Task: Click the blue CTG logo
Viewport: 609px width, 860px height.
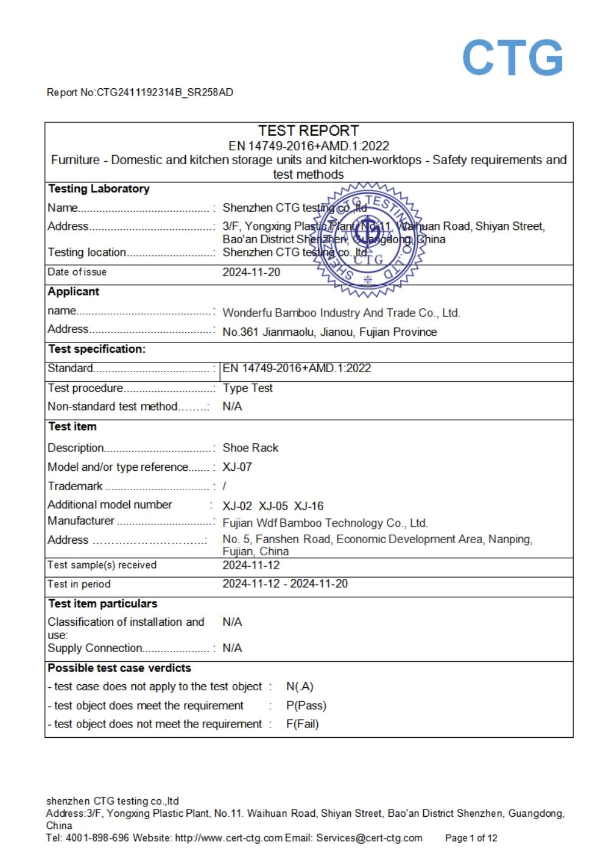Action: pyautogui.click(x=512, y=58)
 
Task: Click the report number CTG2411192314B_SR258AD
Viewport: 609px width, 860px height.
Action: pyautogui.click(x=164, y=92)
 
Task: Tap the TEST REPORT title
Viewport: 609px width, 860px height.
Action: pyautogui.click(x=308, y=131)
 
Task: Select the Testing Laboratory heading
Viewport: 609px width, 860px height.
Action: pyautogui.click(x=99, y=189)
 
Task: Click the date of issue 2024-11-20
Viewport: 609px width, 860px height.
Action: pyautogui.click(x=251, y=272)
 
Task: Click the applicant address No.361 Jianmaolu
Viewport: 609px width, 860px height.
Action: pyautogui.click(x=329, y=332)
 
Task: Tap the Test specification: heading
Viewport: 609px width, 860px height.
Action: pyautogui.click(x=97, y=349)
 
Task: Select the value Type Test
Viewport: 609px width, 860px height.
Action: pyautogui.click(x=247, y=388)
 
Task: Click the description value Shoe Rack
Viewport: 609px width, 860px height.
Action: pyautogui.click(x=250, y=448)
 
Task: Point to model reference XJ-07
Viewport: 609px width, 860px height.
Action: pyautogui.click(x=237, y=467)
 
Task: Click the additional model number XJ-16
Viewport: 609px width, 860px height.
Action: pyautogui.click(x=309, y=506)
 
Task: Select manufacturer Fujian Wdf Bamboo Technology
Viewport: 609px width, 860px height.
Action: pyautogui.click(x=325, y=523)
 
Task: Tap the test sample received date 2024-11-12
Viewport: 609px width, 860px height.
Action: pyautogui.click(x=251, y=565)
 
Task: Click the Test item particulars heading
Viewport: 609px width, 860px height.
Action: pyautogui.click(x=102, y=603)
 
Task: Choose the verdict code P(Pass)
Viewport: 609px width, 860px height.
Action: pyautogui.click(x=306, y=706)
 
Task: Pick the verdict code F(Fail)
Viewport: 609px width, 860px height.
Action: pyautogui.click(x=302, y=724)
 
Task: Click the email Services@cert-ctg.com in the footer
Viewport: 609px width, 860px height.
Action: pyautogui.click(x=369, y=837)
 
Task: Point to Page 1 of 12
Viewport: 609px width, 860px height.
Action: pyautogui.click(x=471, y=838)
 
